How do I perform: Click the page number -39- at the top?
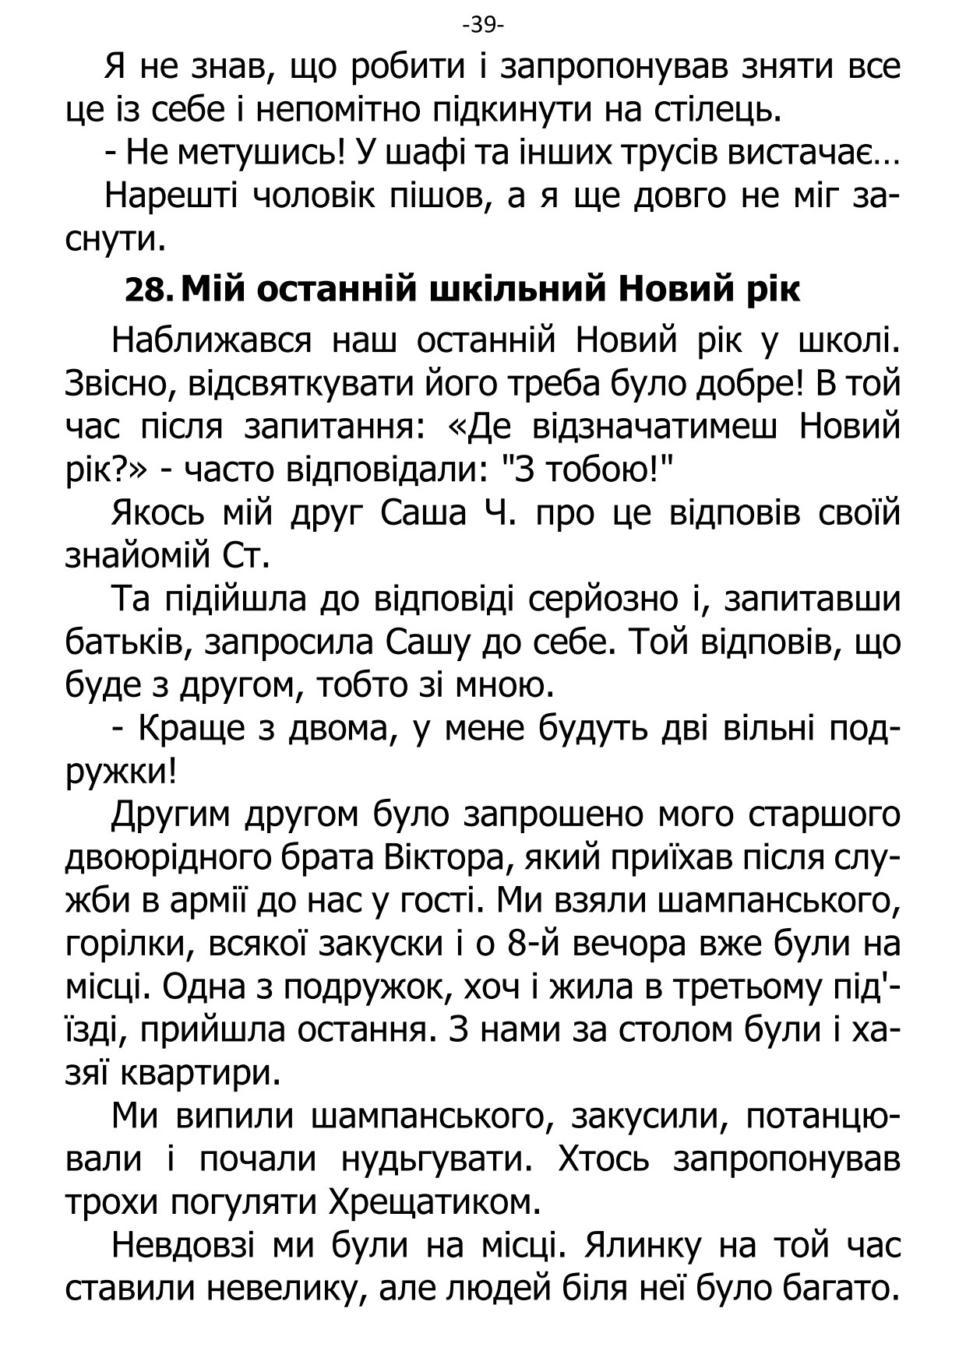pyautogui.click(x=483, y=26)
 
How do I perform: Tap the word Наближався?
pyautogui.click(x=212, y=340)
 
